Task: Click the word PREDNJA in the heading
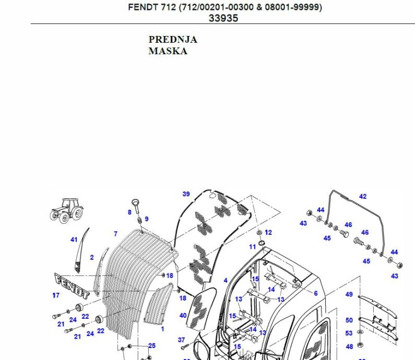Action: pyautogui.click(x=173, y=40)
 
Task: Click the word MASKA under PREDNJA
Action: pyautogui.click(x=168, y=51)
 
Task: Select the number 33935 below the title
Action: pyautogui.click(x=223, y=18)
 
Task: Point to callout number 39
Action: pyautogui.click(x=186, y=194)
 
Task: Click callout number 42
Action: pyautogui.click(x=363, y=197)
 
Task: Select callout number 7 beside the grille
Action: pyautogui.click(x=116, y=234)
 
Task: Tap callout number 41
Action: pyautogui.click(x=74, y=240)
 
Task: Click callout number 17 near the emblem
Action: pyautogui.click(x=56, y=295)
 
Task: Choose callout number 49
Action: pyautogui.click(x=349, y=294)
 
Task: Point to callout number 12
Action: pyautogui.click(x=268, y=232)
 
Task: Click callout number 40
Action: pyautogui.click(x=183, y=316)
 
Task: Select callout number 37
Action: pyautogui.click(x=181, y=340)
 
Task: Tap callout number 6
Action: pyautogui.click(x=316, y=293)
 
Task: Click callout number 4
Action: pyautogui.click(x=226, y=281)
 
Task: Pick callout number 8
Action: pyautogui.click(x=129, y=212)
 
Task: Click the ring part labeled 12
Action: pyautogui.click(x=260, y=232)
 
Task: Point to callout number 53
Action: pyautogui.click(x=349, y=333)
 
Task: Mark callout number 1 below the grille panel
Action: pyautogui.click(x=162, y=329)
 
